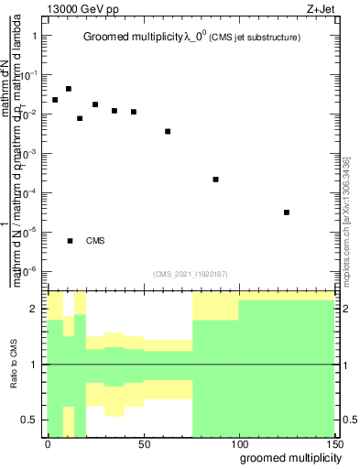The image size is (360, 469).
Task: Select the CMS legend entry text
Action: [94, 241]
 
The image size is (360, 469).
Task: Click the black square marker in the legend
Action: [70, 241]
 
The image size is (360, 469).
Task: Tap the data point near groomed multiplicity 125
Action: [287, 213]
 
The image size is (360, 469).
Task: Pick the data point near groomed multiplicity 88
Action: [215, 180]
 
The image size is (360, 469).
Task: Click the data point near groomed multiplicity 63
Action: [168, 131]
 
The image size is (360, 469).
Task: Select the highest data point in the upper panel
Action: [69, 89]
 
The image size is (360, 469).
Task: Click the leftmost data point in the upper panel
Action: [55, 100]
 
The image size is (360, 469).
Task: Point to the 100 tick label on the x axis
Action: [238, 443]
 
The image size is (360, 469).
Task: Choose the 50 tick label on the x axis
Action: [143, 443]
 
